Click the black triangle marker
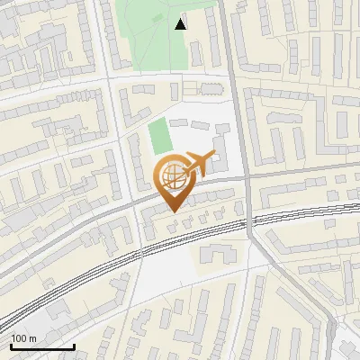pos(181,24)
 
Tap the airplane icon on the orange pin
pos(197,165)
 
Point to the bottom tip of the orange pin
pos(174,212)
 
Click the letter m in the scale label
pos(33,338)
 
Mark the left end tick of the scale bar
pos(11,346)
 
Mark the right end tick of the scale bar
pos(74,346)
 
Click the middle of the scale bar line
pos(42,347)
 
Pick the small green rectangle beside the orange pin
pos(160,137)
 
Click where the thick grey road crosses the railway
pos(251,221)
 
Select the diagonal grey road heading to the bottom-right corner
pos(306,297)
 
